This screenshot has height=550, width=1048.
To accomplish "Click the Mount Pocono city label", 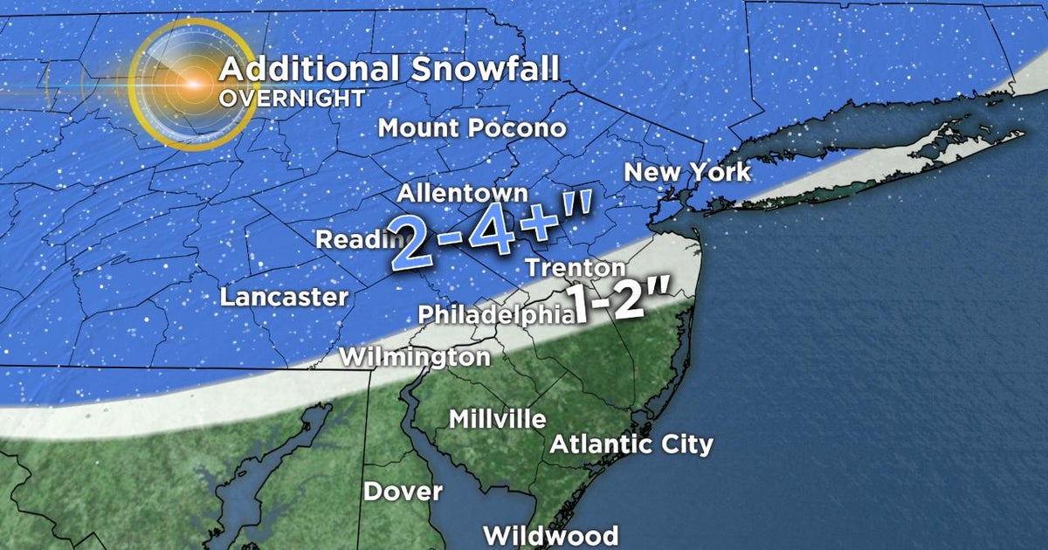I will [x=472, y=128].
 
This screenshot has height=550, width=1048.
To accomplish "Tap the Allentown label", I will [x=463, y=193].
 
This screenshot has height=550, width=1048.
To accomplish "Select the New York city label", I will [x=686, y=171].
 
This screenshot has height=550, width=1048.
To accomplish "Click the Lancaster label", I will [x=284, y=297].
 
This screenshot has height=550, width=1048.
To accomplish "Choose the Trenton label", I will [x=576, y=268].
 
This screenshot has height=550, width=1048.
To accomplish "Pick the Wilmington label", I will [x=415, y=357].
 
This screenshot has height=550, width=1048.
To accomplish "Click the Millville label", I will [x=498, y=419].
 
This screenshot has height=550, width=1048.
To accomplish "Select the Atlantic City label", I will [x=631, y=444].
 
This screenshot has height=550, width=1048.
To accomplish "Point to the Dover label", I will [x=403, y=492].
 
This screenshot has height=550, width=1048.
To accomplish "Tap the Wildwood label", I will [x=551, y=534].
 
